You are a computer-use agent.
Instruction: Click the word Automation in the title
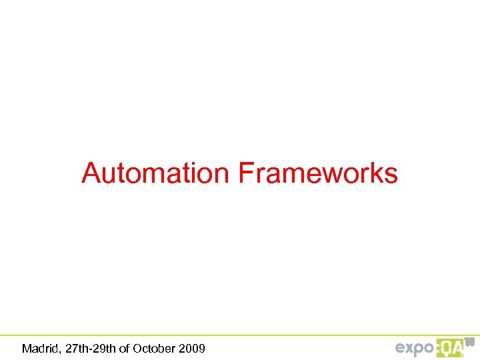[x=155, y=174]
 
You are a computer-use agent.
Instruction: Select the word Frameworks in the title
[x=318, y=174]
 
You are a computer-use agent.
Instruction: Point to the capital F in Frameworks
[x=245, y=174]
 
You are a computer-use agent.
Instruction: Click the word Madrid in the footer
[x=39, y=348]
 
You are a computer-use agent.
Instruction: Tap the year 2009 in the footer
[x=193, y=348]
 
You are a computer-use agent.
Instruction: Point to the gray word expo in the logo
[x=415, y=348]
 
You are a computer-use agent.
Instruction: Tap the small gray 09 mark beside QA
[x=469, y=341]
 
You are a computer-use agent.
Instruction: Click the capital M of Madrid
[x=27, y=348]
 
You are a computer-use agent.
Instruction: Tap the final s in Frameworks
[x=391, y=175]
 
